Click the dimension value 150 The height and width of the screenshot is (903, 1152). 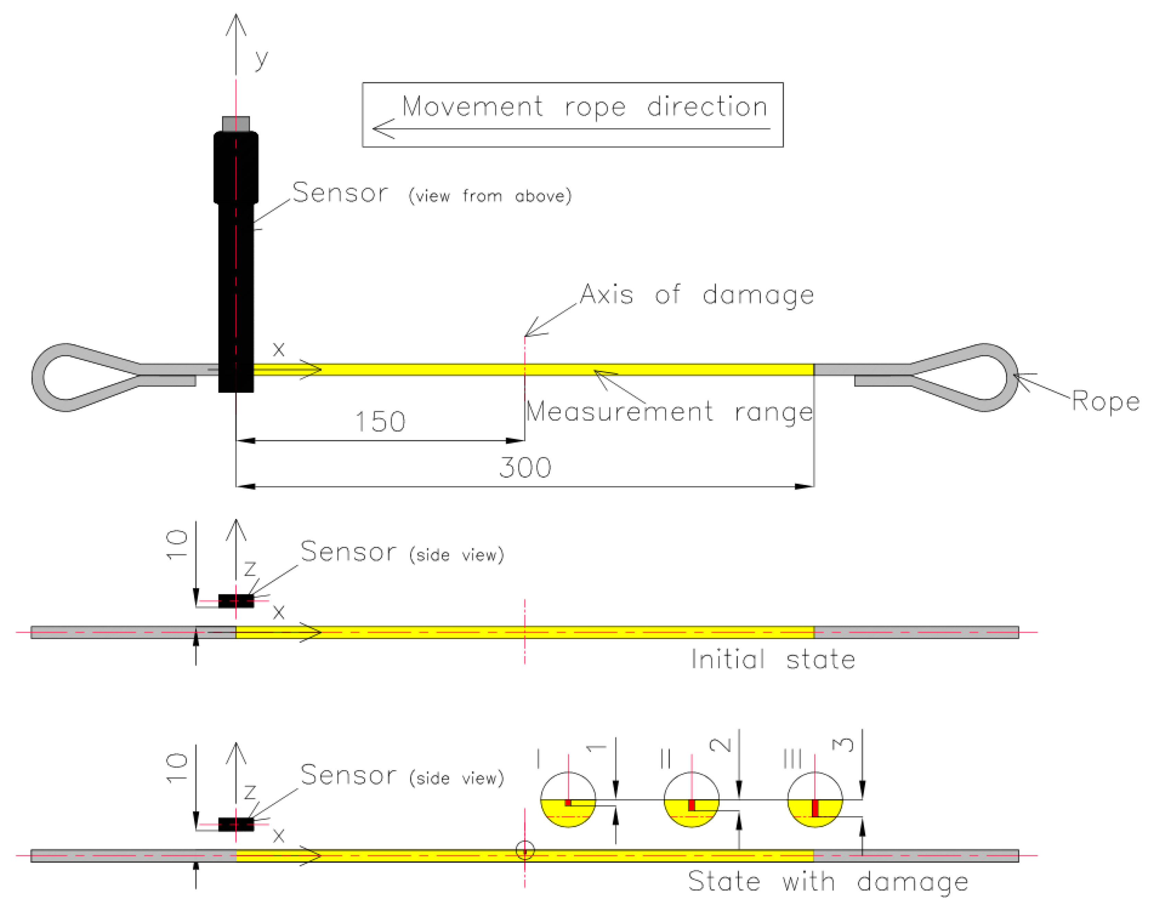click(x=380, y=422)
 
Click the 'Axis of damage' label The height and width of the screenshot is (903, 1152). click(x=697, y=295)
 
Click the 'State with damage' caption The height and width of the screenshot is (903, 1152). click(x=828, y=881)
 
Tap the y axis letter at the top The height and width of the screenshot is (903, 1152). click(x=261, y=58)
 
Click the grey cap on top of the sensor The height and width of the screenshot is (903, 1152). click(x=236, y=124)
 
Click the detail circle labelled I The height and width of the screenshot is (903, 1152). click(x=568, y=800)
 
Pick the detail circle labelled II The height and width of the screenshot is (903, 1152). click(x=691, y=800)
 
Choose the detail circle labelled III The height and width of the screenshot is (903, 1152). click(x=815, y=800)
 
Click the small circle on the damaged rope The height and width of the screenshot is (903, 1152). click(x=525, y=851)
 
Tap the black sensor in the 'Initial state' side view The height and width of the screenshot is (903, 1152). click(x=236, y=601)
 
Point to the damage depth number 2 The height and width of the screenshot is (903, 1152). click(x=720, y=745)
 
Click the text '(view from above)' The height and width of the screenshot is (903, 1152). click(x=490, y=196)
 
